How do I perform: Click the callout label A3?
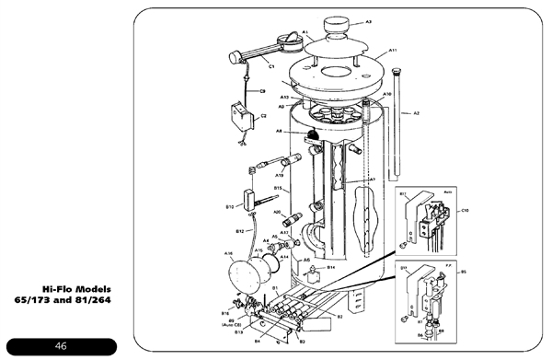(x=368, y=21)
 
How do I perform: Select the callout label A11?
(x=393, y=51)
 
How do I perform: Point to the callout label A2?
(x=416, y=113)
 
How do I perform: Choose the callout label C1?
(x=272, y=65)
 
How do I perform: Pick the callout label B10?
(x=231, y=208)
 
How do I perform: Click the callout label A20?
(x=276, y=213)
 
